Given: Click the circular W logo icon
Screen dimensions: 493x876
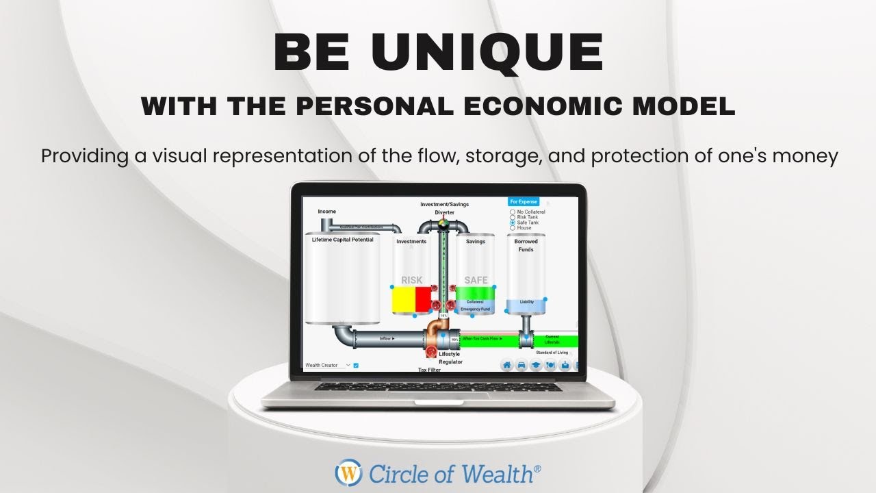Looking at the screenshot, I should (348, 472).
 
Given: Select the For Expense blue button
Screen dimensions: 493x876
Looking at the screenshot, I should (524, 202).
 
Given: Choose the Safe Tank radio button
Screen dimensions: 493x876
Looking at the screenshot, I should (513, 223).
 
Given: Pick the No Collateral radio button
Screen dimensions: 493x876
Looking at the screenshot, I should (513, 212).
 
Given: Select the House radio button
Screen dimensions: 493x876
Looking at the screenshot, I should (513, 228).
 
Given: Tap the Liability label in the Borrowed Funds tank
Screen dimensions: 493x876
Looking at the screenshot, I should (526, 302).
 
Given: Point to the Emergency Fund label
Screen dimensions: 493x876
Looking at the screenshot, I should (475, 309).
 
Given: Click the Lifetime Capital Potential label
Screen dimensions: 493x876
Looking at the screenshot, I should (342, 240).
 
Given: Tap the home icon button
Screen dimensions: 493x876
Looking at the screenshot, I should (507, 365).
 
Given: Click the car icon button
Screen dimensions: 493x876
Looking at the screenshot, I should (521, 365).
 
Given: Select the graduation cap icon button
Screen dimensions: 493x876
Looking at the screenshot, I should (536, 365).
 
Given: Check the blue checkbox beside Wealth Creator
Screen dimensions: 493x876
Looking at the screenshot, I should (356, 366).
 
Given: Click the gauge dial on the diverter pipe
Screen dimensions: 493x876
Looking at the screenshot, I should (443, 223).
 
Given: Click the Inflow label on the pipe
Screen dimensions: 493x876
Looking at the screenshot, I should (387, 339).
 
